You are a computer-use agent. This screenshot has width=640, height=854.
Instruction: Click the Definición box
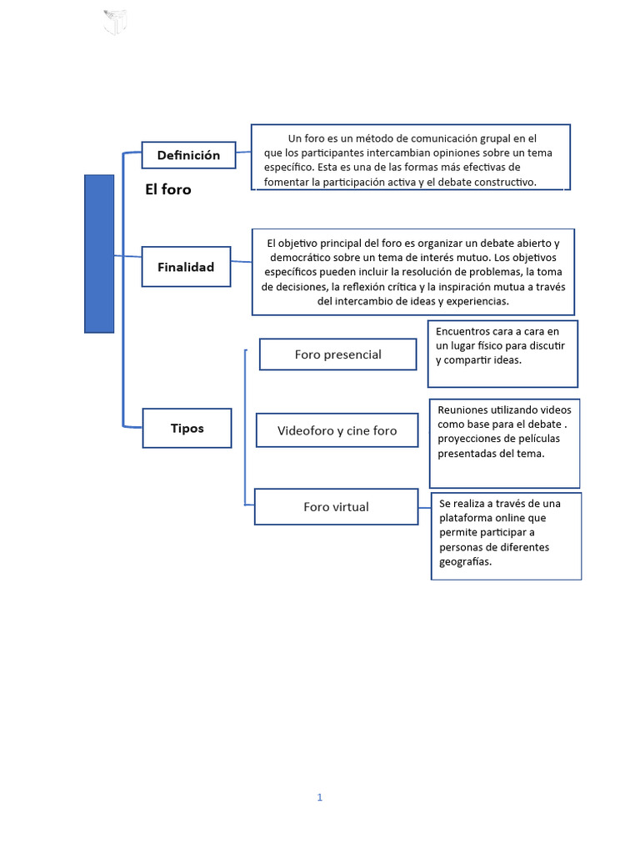point(188,155)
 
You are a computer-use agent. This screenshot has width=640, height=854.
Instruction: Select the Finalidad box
point(186,267)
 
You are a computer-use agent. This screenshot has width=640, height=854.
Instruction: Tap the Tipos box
point(187,428)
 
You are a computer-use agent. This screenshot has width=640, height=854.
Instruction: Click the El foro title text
point(167,189)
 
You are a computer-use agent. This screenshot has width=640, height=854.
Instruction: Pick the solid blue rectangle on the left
point(99,254)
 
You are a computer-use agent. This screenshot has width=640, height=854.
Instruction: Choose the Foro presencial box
point(337,354)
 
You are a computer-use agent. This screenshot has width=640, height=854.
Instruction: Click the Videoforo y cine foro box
point(337,430)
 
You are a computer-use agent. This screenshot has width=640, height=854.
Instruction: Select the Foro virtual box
point(336,506)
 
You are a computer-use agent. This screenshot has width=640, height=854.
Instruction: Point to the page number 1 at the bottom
point(319,797)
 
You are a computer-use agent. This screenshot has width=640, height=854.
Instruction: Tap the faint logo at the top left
point(114,22)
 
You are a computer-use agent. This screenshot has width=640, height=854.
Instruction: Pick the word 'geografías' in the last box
point(465,561)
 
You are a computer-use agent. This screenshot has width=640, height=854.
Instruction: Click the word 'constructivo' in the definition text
point(502,182)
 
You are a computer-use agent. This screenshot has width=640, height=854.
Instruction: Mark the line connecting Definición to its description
point(243,152)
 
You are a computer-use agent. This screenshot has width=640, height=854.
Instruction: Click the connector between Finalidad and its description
point(241,263)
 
